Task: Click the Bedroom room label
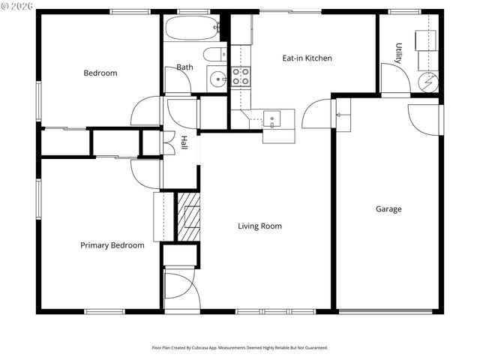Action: pyautogui.click(x=100, y=73)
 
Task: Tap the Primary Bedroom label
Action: pyautogui.click(x=112, y=245)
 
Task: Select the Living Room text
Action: pyautogui.click(x=259, y=226)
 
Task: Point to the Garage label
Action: pyautogui.click(x=388, y=209)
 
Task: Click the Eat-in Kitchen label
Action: pyautogui.click(x=307, y=58)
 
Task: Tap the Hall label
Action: pyautogui.click(x=184, y=142)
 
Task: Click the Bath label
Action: pyautogui.click(x=184, y=67)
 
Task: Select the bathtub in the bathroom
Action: pyautogui.click(x=192, y=28)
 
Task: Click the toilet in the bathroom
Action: pyautogui.click(x=214, y=54)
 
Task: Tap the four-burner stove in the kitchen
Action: pyautogui.click(x=240, y=76)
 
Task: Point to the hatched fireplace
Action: pyautogui.click(x=188, y=217)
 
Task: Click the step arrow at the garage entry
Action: pyautogui.click(x=340, y=115)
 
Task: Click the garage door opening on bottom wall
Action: pyautogui.click(x=386, y=311)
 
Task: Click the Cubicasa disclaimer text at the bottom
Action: pyautogui.click(x=240, y=348)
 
